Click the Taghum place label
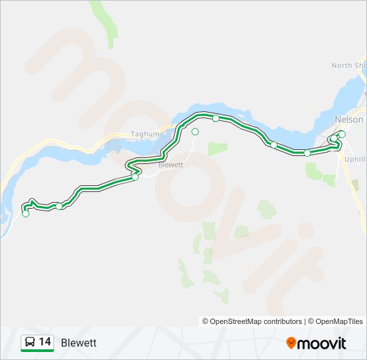pyautogui.click(x=145, y=134)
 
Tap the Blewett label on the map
pyautogui.click(x=171, y=164)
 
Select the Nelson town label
pyautogui.click(x=349, y=119)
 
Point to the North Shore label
pyautogui.click(x=350, y=65)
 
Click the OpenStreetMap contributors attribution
pyautogui.click(x=252, y=321)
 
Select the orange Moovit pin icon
pyautogui.click(x=291, y=343)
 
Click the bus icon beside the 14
pyautogui.click(x=30, y=343)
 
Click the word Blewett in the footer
pyautogui.click(x=79, y=343)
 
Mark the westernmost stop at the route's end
pyautogui.click(x=26, y=213)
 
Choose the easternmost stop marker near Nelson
pyautogui.click(x=342, y=135)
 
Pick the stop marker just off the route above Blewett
pyautogui.click(x=195, y=132)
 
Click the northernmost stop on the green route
pyautogui.click(x=216, y=118)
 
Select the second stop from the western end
pyautogui.click(x=59, y=206)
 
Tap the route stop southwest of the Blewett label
pyautogui.click(x=135, y=177)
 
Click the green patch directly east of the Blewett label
pyautogui.click(x=218, y=149)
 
